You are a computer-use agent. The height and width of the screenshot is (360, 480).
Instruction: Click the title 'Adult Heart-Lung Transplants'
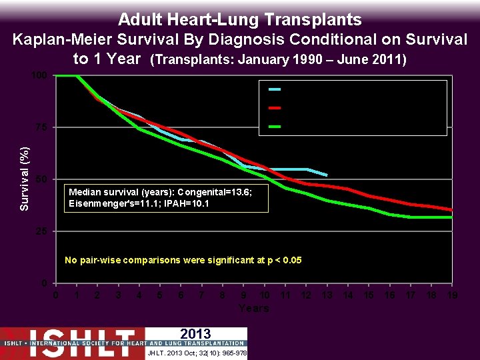[239, 19]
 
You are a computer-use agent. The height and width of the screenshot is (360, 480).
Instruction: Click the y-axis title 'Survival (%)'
[25, 179]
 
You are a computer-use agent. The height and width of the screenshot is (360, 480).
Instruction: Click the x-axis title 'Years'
[254, 308]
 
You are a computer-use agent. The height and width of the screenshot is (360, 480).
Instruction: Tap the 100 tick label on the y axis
[40, 75]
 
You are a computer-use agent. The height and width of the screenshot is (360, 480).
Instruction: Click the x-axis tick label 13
[327, 295]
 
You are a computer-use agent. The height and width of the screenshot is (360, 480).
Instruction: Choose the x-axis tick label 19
[452, 295]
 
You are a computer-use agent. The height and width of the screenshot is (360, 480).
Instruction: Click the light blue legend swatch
[275, 89]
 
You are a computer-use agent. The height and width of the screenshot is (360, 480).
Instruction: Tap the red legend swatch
[275, 107]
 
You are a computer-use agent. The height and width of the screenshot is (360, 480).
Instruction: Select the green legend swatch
[275, 126]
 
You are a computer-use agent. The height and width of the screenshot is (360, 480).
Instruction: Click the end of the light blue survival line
[327, 175]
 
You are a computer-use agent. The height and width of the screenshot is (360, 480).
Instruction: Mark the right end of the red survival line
[452, 210]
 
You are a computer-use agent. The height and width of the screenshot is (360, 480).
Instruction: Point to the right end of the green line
[452, 217]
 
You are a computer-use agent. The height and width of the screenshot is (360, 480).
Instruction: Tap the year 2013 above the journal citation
[195, 334]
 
